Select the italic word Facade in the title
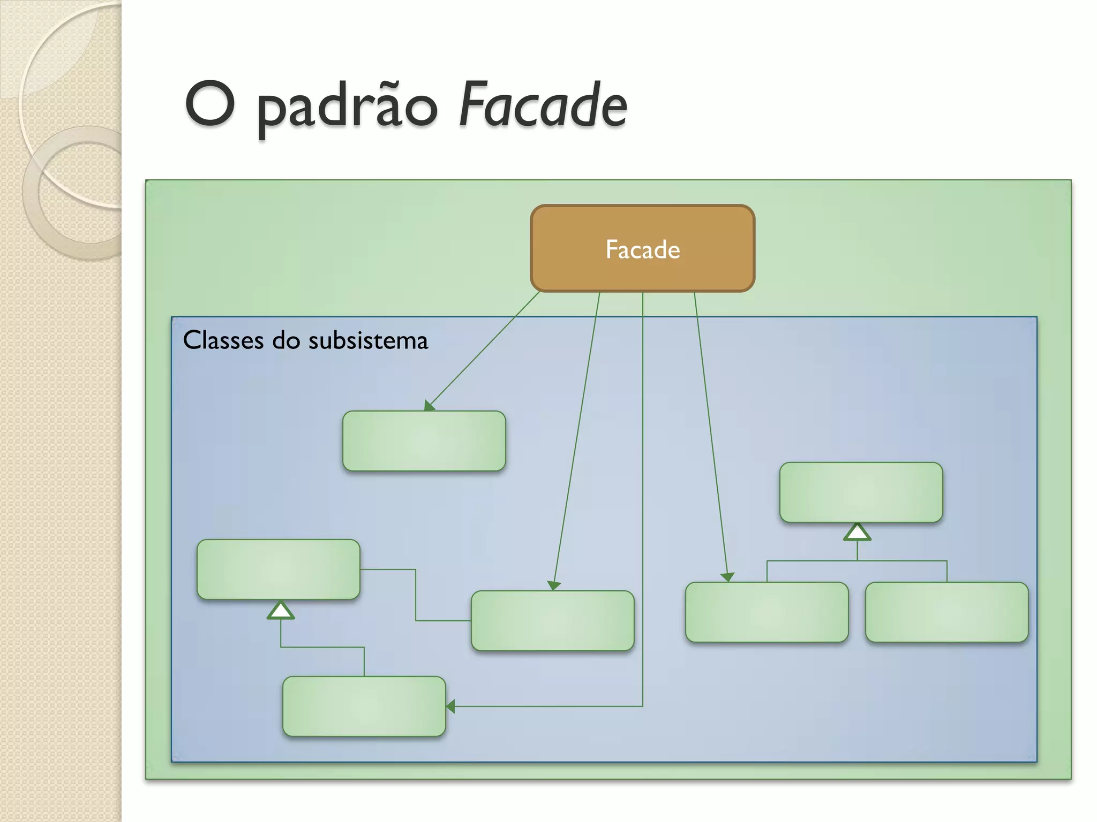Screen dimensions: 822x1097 click(x=542, y=105)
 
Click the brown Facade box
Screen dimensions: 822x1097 click(x=642, y=249)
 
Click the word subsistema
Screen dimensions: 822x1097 click(x=368, y=340)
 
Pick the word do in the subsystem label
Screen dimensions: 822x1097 click(x=285, y=340)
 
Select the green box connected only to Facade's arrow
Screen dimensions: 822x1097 click(x=424, y=441)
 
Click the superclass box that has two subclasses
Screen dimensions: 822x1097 click(x=861, y=492)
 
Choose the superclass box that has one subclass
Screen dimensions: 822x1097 click(x=278, y=569)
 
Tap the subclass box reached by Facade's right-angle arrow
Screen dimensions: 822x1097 click(x=364, y=706)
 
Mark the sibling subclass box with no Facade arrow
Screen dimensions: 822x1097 click(x=946, y=612)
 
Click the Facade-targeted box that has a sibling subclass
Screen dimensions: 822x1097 click(x=767, y=612)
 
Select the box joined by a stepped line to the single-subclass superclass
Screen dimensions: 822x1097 click(x=552, y=621)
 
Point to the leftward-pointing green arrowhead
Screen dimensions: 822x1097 click(x=450, y=706)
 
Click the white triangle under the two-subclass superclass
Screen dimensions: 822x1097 click(x=857, y=532)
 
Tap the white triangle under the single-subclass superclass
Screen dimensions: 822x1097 click(x=281, y=610)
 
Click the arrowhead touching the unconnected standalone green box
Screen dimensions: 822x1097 click(x=429, y=406)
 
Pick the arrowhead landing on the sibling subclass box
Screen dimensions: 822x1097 click(x=727, y=577)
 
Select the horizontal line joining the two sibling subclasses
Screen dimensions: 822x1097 click(x=857, y=561)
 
